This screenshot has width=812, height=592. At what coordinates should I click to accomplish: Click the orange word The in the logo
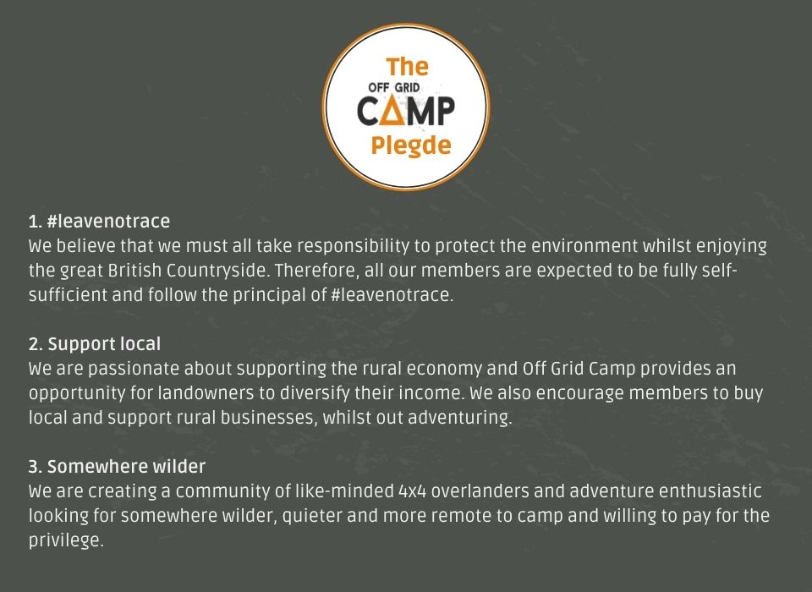coord(407,68)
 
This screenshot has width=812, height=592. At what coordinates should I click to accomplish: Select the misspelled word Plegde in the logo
coord(411,146)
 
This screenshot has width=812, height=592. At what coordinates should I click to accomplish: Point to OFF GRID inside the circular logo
coord(393,87)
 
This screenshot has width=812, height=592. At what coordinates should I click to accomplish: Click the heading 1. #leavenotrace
coord(99,222)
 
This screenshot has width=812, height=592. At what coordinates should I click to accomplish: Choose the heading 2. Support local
coord(94,344)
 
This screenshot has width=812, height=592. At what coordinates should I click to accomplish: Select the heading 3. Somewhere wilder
coord(117,467)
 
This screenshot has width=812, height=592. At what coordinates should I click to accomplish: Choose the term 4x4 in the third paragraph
coord(412,491)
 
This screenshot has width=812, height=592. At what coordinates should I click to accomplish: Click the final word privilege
coord(66,540)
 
